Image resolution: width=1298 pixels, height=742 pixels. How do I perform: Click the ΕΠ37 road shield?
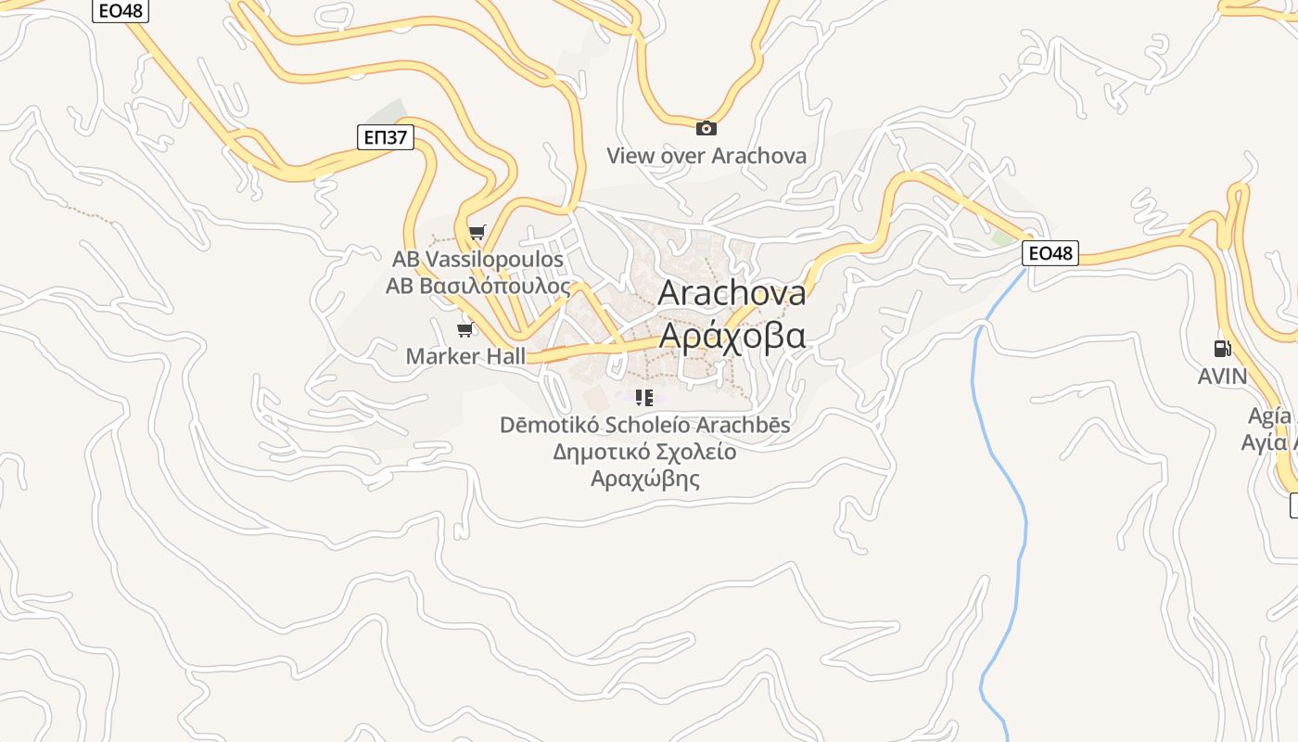[x=385, y=137]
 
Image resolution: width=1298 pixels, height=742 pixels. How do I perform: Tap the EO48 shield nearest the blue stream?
[x=1050, y=252]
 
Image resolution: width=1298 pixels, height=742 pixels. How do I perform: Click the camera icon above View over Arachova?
[x=706, y=128]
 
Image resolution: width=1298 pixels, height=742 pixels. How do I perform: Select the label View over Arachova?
[x=706, y=156]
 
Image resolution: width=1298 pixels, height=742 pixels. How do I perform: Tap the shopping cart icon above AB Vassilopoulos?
[x=477, y=232]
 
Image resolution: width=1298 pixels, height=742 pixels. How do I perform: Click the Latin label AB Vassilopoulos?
[x=477, y=259]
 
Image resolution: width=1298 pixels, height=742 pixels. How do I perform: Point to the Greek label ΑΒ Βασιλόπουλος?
[x=477, y=286]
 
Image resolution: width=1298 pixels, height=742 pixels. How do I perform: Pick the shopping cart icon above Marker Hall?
[x=465, y=329]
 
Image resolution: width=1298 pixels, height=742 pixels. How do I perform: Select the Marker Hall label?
[x=465, y=356]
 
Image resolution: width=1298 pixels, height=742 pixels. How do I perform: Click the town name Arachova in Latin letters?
[x=732, y=293]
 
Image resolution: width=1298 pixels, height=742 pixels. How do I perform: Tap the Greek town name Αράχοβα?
[x=732, y=335]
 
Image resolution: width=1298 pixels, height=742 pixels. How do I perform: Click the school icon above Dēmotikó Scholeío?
[x=644, y=399]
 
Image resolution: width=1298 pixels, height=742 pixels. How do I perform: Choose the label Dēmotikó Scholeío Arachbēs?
[x=644, y=425]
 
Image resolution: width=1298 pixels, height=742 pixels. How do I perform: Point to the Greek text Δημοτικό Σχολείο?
[x=644, y=452]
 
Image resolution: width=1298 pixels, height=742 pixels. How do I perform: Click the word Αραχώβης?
[x=644, y=480]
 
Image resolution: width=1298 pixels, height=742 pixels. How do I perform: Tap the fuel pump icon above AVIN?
[x=1222, y=349]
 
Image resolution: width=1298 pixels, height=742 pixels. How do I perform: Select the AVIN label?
[x=1222, y=377]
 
